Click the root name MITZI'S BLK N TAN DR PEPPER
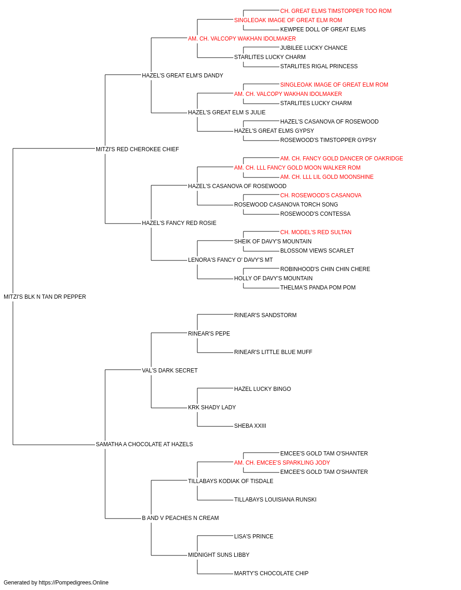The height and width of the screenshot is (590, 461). pyautogui.click(x=45, y=297)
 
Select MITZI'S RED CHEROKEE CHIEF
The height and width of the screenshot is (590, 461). pyautogui.click(x=137, y=149)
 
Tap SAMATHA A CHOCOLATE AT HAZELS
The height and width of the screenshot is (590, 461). pyautogui.click(x=144, y=444)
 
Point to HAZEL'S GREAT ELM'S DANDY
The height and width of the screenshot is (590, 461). pyautogui.click(x=183, y=76)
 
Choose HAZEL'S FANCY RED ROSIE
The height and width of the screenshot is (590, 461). pyautogui.click(x=179, y=223)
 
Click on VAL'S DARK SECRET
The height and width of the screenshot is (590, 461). pyautogui.click(x=170, y=370)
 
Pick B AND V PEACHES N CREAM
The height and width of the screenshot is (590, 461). pyautogui.click(x=180, y=518)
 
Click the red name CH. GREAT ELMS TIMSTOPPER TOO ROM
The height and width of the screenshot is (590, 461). pyautogui.click(x=336, y=11)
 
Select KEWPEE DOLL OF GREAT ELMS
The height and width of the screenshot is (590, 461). pyautogui.click(x=323, y=29)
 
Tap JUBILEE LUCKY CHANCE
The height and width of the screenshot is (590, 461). pyautogui.click(x=314, y=48)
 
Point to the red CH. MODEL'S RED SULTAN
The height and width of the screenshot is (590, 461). pyautogui.click(x=316, y=232)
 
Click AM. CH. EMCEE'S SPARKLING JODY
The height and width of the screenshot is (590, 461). pyautogui.click(x=282, y=463)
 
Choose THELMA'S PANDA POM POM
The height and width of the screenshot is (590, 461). pyautogui.click(x=318, y=288)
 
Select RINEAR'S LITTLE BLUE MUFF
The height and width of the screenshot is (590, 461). pyautogui.click(x=273, y=352)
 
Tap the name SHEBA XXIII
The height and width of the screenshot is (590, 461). pyautogui.click(x=250, y=426)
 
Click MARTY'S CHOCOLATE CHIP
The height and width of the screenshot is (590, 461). pyautogui.click(x=271, y=573)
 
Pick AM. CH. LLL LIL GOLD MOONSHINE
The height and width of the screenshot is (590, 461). pyautogui.click(x=327, y=177)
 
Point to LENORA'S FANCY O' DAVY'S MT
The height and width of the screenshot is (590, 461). pyautogui.click(x=230, y=260)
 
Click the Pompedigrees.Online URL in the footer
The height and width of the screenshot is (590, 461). pyautogui.click(x=74, y=583)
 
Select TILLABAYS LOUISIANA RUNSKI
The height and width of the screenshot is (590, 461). pyautogui.click(x=275, y=499)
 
